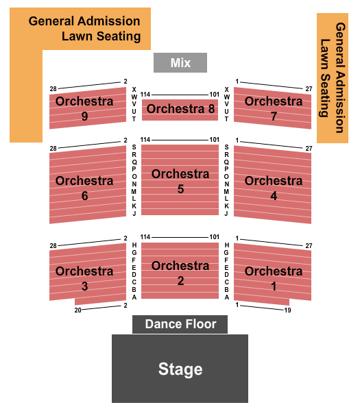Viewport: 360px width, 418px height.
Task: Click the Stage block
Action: (x=180, y=369)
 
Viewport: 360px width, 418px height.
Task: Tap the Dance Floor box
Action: (x=180, y=324)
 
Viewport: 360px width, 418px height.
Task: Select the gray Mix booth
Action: (x=180, y=62)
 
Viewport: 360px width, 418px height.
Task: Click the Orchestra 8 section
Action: (x=180, y=110)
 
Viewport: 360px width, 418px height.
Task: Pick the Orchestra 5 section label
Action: (x=180, y=182)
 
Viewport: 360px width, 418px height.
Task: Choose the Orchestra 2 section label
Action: (x=180, y=273)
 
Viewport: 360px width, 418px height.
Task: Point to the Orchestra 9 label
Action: (x=84, y=108)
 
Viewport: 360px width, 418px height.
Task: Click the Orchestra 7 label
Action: (x=274, y=108)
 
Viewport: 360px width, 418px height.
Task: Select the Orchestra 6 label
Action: (x=84, y=188)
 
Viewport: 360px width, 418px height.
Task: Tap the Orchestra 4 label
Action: (x=274, y=188)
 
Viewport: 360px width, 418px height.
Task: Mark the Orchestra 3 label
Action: (x=84, y=278)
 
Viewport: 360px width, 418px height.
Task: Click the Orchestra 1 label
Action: (x=274, y=278)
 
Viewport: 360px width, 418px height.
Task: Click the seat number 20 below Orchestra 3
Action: (x=77, y=310)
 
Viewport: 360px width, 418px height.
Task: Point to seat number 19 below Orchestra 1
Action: (x=287, y=310)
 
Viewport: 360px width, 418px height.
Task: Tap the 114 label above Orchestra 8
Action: (x=145, y=95)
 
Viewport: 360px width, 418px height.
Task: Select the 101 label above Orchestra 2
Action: (x=215, y=236)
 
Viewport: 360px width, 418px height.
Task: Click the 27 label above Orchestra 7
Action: (x=309, y=89)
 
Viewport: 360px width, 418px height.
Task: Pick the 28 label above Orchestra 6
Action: (x=53, y=148)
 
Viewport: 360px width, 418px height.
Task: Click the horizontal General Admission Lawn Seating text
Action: (x=84, y=29)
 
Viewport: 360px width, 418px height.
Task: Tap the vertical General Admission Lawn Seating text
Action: (x=333, y=77)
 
